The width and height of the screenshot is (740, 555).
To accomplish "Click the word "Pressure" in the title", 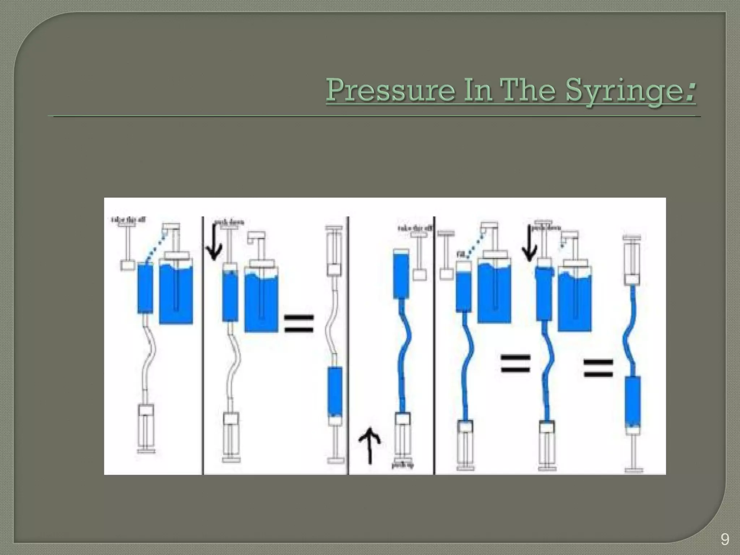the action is pyautogui.click(x=390, y=90).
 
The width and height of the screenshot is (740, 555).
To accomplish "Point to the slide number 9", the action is pyautogui.click(x=724, y=540).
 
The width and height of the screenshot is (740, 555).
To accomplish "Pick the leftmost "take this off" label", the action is pyautogui.click(x=128, y=219).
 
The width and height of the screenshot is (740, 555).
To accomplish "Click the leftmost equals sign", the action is pyautogui.click(x=298, y=323).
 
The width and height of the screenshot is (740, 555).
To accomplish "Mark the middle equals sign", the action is pyautogui.click(x=515, y=363).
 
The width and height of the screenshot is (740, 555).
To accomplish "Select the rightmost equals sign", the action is pyautogui.click(x=598, y=368).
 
